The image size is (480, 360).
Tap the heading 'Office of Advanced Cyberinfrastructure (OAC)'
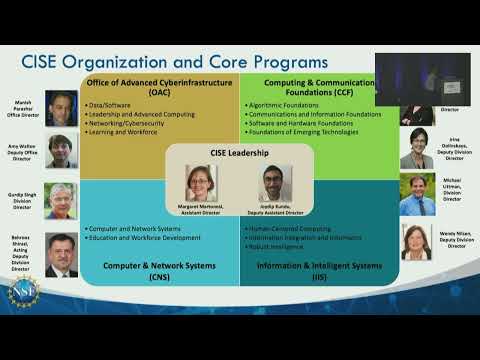pos(159,85)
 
